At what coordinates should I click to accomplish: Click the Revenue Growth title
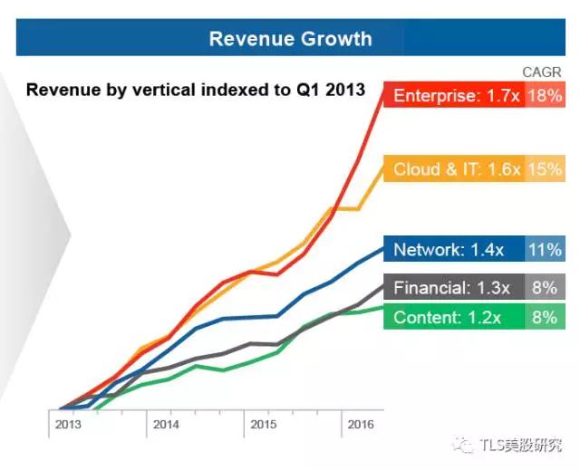point(290,38)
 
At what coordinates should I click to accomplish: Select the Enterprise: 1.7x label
point(455,95)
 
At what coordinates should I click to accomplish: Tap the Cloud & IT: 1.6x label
point(456,169)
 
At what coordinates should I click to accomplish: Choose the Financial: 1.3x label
point(451,288)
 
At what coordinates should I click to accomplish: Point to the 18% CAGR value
point(544,95)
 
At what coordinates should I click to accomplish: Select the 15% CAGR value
point(544,169)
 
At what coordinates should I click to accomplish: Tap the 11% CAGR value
point(544,250)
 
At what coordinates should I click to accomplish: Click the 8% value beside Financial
point(545,288)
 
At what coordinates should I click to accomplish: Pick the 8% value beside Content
point(545,318)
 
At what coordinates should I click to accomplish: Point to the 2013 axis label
point(68,424)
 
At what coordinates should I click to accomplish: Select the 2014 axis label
point(166,424)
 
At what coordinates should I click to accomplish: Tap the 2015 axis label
point(263,424)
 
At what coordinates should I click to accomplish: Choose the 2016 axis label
point(360,424)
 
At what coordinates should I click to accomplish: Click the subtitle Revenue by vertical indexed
point(195,90)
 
